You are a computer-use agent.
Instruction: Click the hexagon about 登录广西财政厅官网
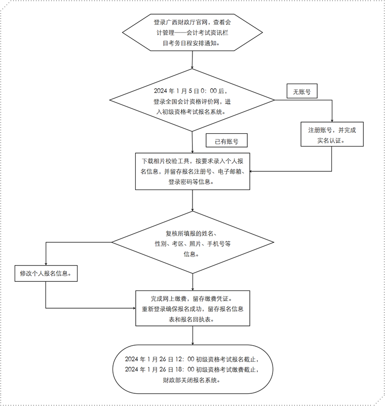(192, 33)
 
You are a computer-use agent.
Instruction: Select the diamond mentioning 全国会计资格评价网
(192, 101)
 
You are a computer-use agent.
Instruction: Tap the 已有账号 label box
(226, 141)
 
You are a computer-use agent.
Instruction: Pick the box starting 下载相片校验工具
(192, 171)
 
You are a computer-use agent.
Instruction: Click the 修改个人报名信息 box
(45, 274)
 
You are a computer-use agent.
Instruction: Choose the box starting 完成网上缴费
(192, 308)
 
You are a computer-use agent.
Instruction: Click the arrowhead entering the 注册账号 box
(332, 120)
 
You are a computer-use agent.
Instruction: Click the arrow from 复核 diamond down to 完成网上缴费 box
(192, 281)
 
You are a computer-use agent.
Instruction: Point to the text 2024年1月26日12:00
(157, 359)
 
